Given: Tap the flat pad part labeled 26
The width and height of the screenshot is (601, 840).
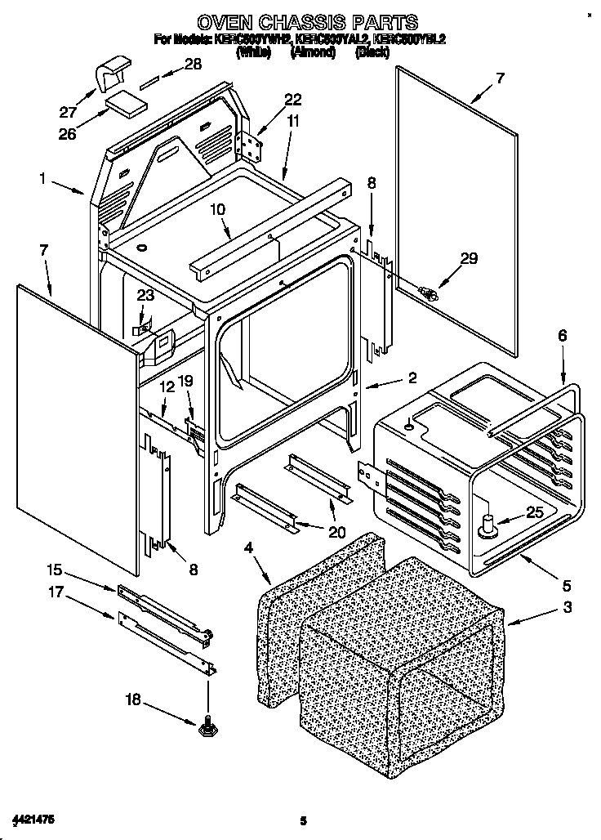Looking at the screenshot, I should coord(127,103).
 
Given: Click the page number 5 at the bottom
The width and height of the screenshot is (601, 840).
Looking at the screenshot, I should coord(302,820).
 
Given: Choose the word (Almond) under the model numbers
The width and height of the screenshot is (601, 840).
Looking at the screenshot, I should coord(313,51).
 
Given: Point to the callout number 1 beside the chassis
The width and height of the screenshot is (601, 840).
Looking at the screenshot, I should coord(42,176).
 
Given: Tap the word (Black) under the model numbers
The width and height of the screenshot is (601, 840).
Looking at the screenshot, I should coord(376,51).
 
